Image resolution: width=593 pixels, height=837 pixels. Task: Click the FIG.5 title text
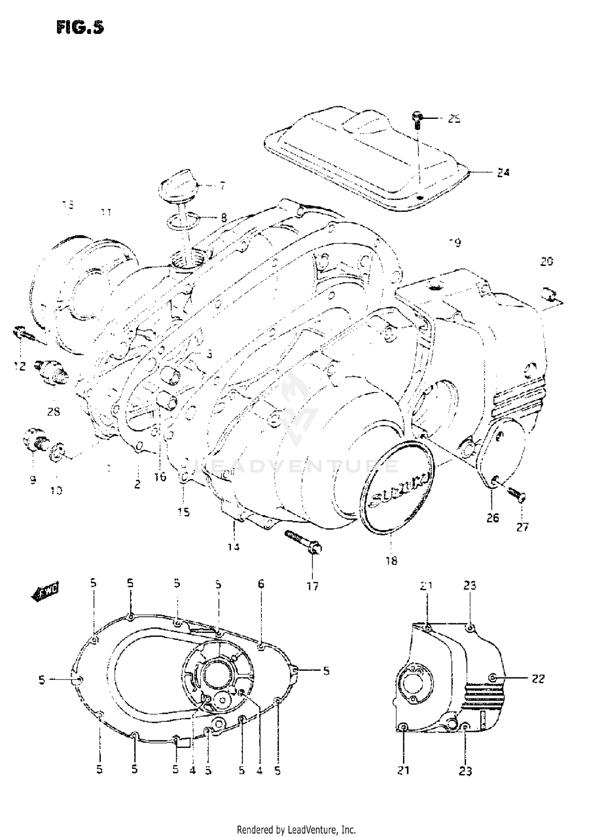point(80,28)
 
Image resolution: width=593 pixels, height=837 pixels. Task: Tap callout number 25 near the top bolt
point(454,119)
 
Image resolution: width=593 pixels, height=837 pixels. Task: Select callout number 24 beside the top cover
point(503,173)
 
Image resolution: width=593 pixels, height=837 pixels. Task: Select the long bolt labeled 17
point(303,541)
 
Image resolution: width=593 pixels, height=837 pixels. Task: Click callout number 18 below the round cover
point(391,561)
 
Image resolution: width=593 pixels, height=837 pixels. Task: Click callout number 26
point(492,517)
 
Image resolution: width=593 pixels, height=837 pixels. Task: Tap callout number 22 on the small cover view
point(538,679)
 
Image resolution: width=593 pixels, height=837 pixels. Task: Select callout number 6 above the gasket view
point(261,584)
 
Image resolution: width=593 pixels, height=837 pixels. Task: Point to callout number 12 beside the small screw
point(19,366)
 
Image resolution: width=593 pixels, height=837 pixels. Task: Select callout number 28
point(53,412)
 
